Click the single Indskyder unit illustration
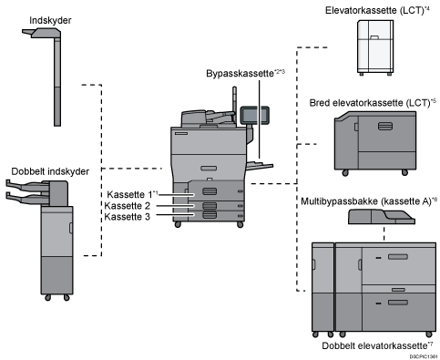point(53,73)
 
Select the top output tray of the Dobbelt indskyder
point(28,184)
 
